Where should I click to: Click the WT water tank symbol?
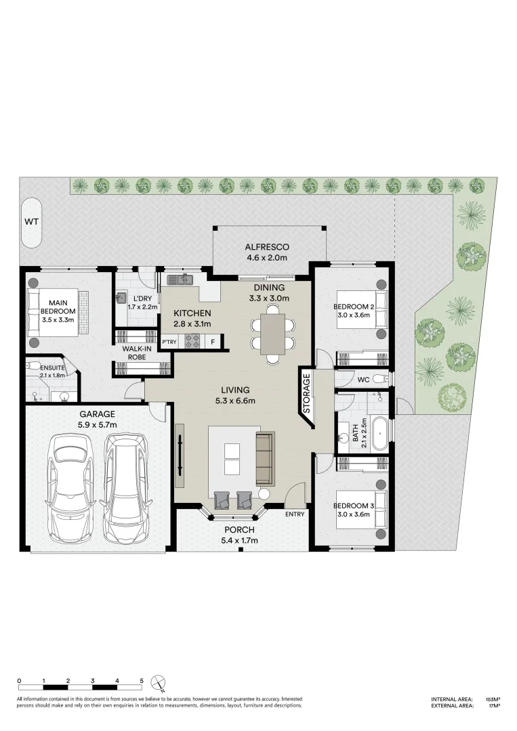click(31, 222)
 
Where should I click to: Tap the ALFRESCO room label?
click(267, 247)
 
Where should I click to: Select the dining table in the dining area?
click(273, 333)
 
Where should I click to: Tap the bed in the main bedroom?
click(58, 311)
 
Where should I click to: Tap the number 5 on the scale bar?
click(141, 680)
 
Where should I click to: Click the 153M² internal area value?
click(493, 699)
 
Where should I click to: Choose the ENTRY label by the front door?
click(295, 514)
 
